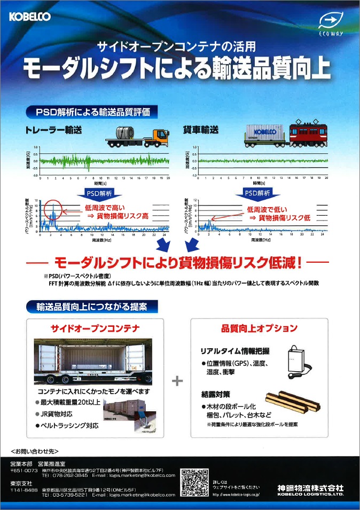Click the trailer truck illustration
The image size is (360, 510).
point(138,136)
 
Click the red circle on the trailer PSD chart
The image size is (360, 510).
point(53,209)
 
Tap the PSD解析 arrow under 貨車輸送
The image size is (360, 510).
point(257,192)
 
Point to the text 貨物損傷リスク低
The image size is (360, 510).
point(284,218)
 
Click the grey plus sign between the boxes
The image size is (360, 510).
point(178,381)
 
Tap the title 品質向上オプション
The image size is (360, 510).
point(259,328)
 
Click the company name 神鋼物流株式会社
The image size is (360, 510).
point(310,488)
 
